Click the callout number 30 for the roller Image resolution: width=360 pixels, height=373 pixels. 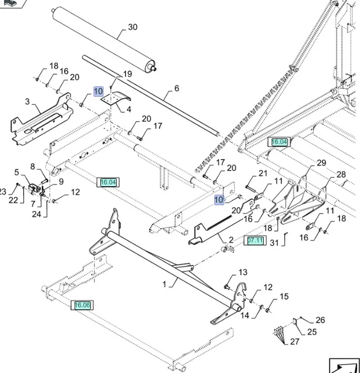132,27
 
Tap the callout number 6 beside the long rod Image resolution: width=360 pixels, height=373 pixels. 177,88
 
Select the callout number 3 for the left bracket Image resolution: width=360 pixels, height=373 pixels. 27,101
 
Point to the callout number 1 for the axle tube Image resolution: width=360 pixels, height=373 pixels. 164,284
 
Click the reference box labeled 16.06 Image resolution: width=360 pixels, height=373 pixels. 83,305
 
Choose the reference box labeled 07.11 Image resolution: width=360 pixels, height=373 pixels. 255,240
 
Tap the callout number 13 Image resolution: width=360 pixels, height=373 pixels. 242,273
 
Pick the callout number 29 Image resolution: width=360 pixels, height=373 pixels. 322,163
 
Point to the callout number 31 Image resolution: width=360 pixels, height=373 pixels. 274,243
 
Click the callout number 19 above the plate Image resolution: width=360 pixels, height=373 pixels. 128,74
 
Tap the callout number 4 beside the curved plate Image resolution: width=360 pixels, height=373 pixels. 129,109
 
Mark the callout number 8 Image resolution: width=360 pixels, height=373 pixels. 33,167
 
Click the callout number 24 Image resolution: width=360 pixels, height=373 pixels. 36,214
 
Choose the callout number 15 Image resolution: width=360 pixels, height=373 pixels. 284,297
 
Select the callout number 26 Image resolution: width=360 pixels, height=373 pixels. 320,320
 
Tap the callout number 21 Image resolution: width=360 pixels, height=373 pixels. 263,174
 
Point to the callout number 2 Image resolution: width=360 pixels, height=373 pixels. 231,240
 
